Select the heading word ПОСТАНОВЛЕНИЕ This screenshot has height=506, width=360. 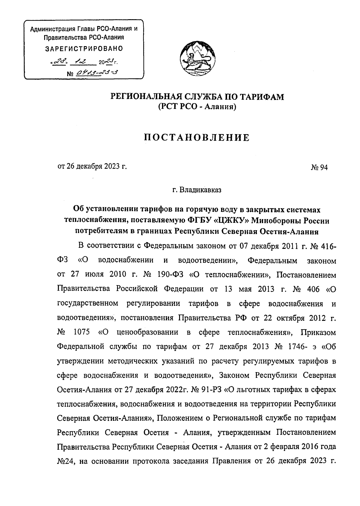click(197, 138)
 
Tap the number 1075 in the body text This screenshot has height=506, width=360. click(82, 333)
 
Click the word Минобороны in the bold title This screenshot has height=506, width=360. click(273, 221)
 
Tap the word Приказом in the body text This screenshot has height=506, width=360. click(319, 333)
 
